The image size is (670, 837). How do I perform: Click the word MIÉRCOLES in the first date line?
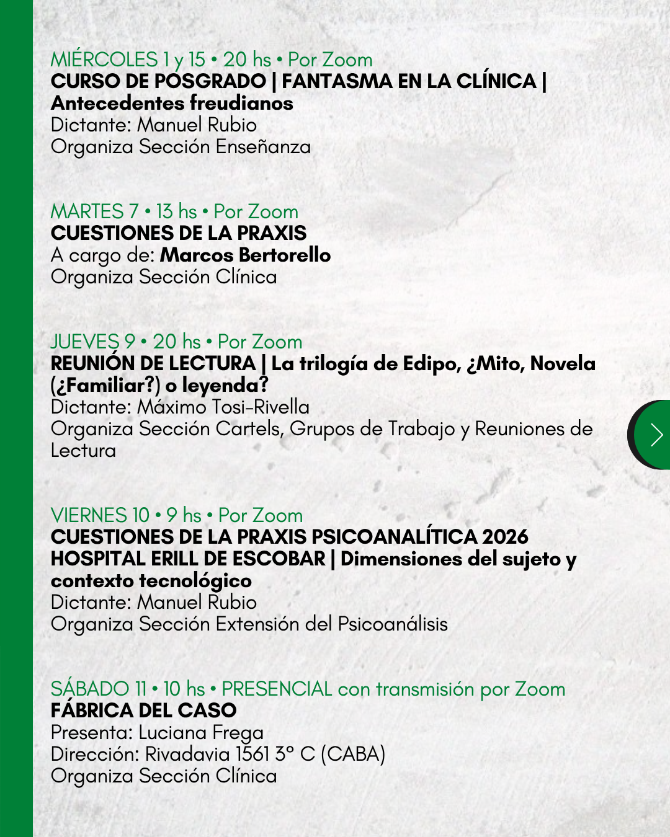[x=104, y=60]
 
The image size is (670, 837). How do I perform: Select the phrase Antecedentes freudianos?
[x=172, y=103]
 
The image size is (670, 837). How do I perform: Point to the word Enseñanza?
[x=263, y=147]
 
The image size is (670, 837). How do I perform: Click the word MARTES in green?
[x=87, y=212]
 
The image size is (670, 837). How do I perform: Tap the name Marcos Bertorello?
[x=245, y=255]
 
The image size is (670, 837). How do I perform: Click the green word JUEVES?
[x=84, y=342]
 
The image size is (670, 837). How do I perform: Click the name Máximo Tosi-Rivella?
[x=223, y=407]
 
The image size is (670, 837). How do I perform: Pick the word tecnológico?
[x=195, y=581]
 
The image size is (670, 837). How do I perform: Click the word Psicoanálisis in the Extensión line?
[x=393, y=624]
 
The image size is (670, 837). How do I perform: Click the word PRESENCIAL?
[x=277, y=689]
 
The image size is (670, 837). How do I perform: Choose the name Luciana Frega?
[x=201, y=733]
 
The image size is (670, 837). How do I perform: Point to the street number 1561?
[x=252, y=755]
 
